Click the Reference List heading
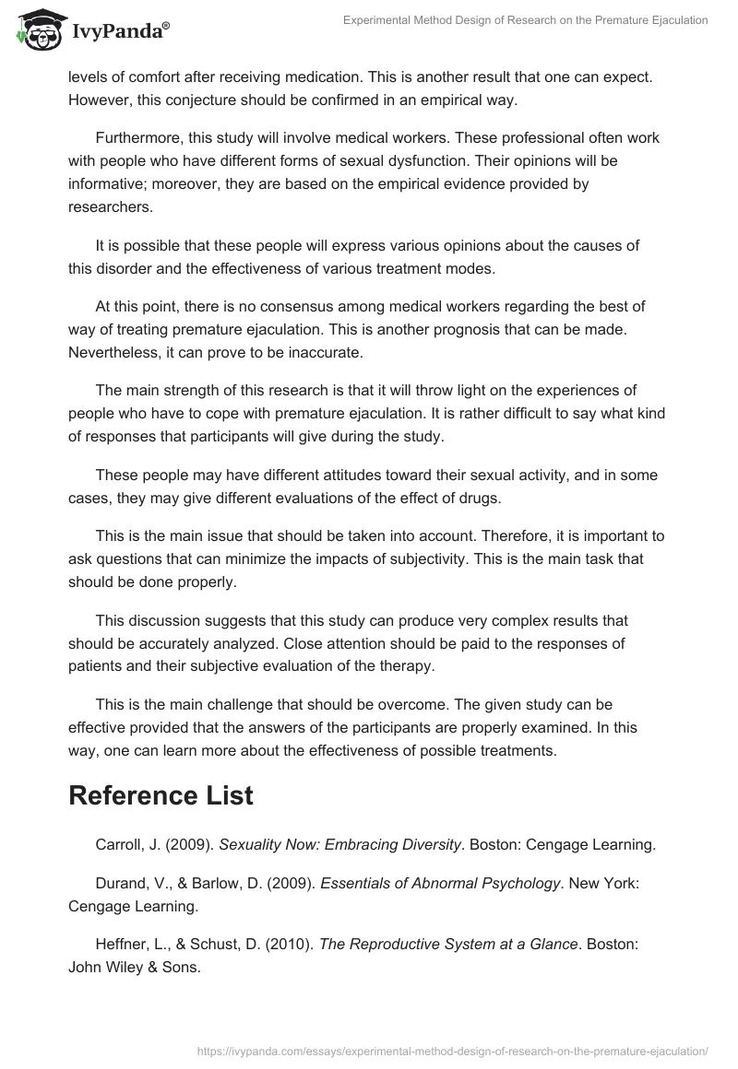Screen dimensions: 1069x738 (161, 796)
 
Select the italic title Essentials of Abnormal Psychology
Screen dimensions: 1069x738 (440, 883)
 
